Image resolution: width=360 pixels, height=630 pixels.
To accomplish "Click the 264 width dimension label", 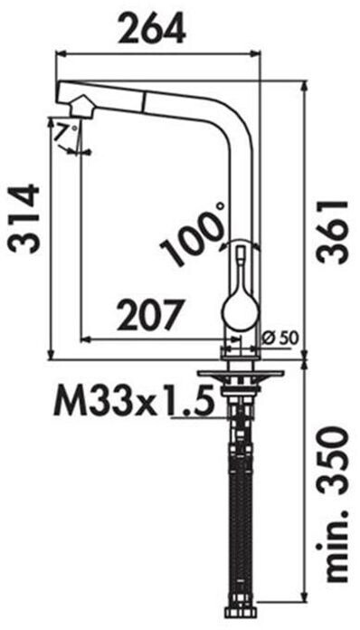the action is tap(151, 27).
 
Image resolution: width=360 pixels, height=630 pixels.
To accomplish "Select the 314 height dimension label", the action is tap(25, 219).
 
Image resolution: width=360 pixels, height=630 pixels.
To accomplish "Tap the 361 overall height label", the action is tap(331, 231).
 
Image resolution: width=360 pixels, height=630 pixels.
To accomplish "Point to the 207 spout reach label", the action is tap(150, 315).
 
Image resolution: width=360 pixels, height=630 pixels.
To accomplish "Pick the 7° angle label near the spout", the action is tap(67, 132).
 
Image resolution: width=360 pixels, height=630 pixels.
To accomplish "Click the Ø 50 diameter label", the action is tap(279, 339).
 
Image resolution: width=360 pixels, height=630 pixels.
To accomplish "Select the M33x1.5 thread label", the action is tap(133, 400).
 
